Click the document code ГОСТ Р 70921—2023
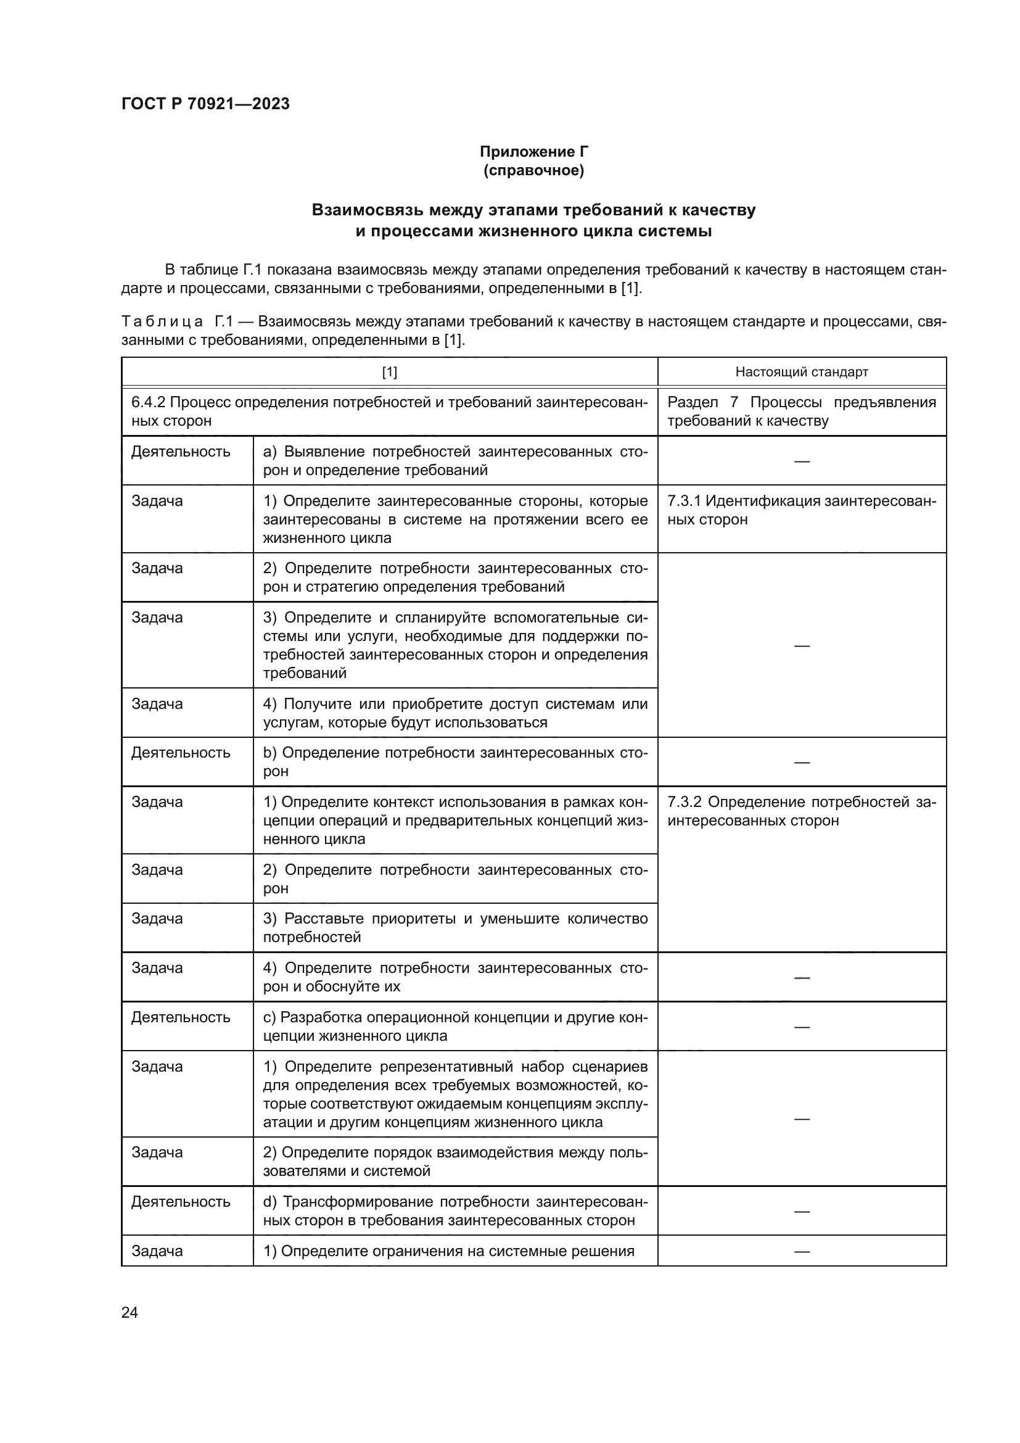[205, 104]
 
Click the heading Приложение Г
[534, 152]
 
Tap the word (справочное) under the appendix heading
[534, 170]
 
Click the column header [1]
[389, 372]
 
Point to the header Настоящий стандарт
[802, 372]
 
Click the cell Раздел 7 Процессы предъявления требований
[802, 411]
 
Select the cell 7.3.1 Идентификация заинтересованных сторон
[802, 510]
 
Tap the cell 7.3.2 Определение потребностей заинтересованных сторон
[802, 811]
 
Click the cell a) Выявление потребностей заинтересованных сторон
[454, 461]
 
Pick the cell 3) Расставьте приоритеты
[454, 928]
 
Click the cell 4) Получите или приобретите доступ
[454, 713]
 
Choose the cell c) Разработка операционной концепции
[454, 1027]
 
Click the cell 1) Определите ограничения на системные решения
[448, 1251]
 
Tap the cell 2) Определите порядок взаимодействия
[454, 1162]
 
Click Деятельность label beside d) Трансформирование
[181, 1202]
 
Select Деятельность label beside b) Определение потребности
[181, 753]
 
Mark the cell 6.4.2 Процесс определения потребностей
[389, 411]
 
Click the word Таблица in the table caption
[162, 322]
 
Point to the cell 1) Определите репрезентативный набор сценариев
[454, 1094]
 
